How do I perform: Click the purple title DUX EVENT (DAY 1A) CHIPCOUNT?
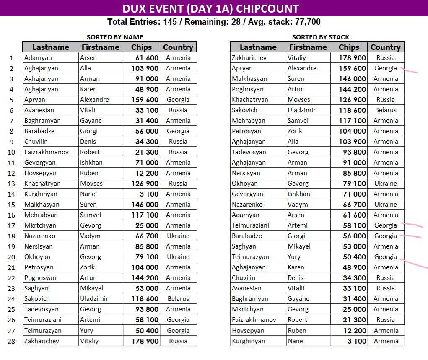tap(210, 8)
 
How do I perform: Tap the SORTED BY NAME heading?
tap(114, 37)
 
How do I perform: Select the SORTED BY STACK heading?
tap(320, 37)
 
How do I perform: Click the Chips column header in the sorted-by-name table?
tap(141, 47)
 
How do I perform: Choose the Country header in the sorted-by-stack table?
tap(385, 47)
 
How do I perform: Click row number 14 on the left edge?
tap(11, 194)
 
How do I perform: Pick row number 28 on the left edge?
tap(11, 341)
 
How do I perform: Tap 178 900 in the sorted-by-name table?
tap(144, 341)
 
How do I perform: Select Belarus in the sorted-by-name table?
tap(178, 299)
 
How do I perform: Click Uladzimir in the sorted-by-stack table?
tap(301, 110)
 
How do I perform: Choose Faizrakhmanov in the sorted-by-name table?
tap(46, 152)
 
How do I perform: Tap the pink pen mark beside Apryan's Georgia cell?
tap(410, 71)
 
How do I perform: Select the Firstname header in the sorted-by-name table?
tap(101, 47)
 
